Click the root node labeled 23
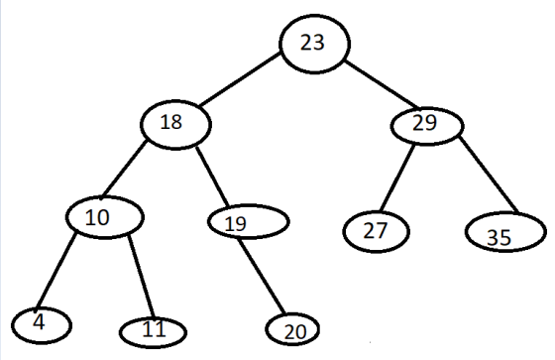point(315,44)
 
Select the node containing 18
point(176,125)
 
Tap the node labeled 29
point(427,126)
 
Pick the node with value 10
point(105,217)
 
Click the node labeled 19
point(249,222)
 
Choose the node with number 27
point(376,232)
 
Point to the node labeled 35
point(505,232)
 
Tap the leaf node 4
point(42,325)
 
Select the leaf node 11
point(153,332)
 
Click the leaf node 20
point(292,329)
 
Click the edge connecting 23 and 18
point(240,79)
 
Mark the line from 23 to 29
point(383,84)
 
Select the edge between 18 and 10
point(124,170)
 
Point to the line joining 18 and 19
point(213,177)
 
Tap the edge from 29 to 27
point(396,178)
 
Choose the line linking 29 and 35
point(489,175)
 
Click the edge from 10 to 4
point(55,271)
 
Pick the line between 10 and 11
point(141,277)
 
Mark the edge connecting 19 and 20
point(262,277)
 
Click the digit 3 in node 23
point(318,43)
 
